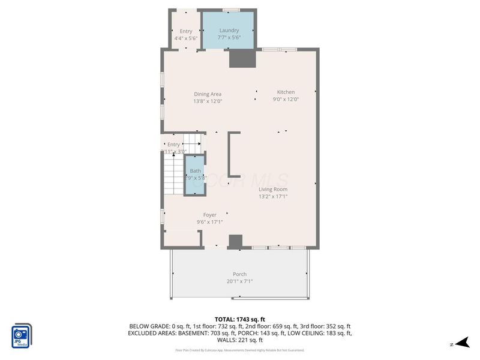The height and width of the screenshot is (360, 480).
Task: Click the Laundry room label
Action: [229, 31]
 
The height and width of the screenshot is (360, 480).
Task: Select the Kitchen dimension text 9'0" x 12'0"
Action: [286, 100]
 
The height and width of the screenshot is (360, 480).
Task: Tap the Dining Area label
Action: [208, 94]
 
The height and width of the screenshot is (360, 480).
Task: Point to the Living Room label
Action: [274, 189]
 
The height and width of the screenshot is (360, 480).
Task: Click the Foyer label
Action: [209, 215]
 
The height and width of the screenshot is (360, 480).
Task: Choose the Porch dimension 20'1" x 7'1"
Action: [239, 281]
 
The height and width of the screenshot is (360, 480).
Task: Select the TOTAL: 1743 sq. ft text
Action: [240, 319]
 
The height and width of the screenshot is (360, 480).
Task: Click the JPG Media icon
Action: [22, 335]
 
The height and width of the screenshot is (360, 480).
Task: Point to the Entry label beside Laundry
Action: [185, 31]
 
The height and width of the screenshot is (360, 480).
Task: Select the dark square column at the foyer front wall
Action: [236, 241]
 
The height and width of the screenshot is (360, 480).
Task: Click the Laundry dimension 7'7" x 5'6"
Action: [229, 38]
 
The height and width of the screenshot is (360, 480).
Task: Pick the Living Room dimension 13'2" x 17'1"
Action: [274, 196]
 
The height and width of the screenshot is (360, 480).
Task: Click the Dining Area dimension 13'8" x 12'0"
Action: [208, 101]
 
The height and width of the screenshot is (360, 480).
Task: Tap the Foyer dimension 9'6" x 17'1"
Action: [209, 222]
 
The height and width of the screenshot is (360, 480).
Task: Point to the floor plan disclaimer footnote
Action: [239, 350]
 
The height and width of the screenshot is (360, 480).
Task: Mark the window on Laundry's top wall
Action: [232, 10]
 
